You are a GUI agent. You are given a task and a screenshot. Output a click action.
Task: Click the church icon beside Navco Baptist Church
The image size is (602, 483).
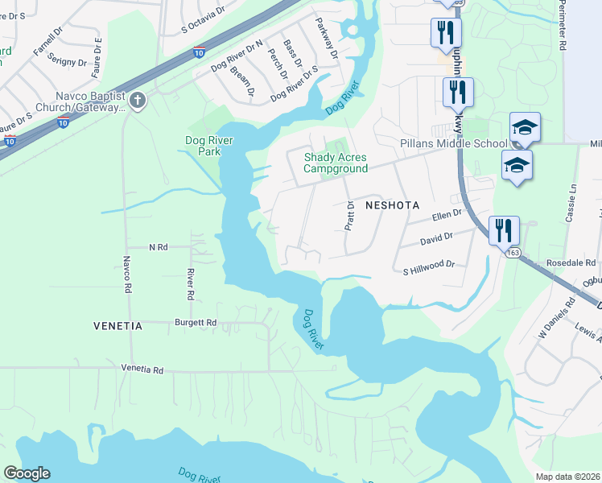pos(138,101)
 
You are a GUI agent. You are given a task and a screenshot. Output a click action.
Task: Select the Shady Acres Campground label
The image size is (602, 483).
pos(335,163)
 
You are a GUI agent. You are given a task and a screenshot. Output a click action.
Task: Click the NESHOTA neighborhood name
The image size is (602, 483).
pos(393,205)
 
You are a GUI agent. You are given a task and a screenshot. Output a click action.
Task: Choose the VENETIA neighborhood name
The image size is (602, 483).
pos(118,326)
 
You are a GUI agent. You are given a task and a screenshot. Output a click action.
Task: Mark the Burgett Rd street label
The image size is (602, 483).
pos(196,322)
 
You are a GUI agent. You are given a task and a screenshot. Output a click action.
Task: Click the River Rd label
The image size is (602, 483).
pos(190,284)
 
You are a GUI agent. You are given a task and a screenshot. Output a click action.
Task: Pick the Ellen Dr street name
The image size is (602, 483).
pos(447,215)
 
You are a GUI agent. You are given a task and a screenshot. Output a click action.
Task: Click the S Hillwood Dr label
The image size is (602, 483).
pos(429,263)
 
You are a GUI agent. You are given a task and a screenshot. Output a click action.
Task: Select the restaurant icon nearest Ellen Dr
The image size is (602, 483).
pos(504,229)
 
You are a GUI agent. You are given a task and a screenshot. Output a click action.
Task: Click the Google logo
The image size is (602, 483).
pos(27,473)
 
